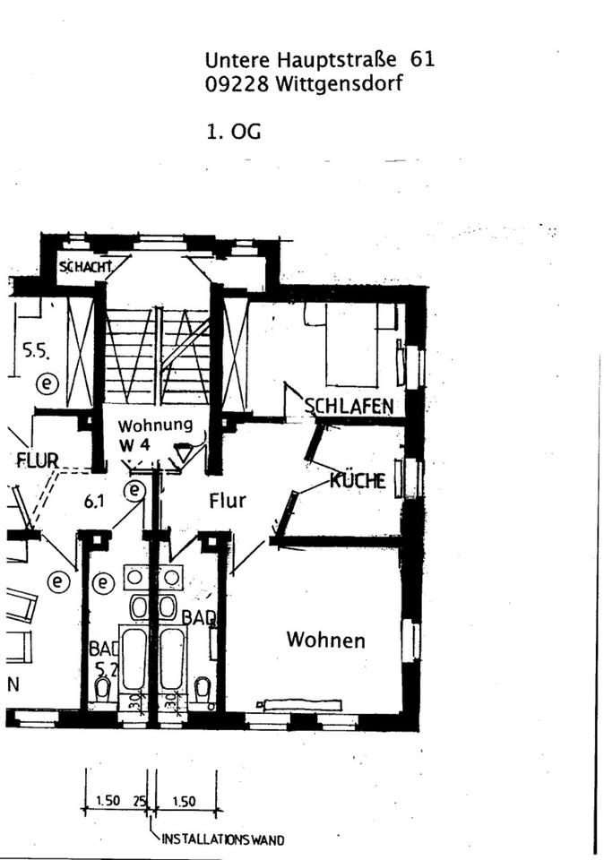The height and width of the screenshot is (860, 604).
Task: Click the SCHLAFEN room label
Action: point(349,407)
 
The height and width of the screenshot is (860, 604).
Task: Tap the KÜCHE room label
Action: point(358,480)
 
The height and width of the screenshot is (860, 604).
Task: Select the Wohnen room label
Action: point(325,640)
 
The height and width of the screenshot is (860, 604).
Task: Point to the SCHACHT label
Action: point(86,266)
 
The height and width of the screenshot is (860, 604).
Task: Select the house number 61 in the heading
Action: point(422,60)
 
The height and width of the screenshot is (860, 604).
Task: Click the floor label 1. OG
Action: point(233,131)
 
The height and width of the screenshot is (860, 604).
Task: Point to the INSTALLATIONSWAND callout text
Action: point(223,839)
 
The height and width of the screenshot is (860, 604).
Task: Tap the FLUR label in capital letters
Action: point(38,460)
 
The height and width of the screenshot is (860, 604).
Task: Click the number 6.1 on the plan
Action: point(95,503)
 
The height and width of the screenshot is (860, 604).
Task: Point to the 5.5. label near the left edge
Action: point(36,351)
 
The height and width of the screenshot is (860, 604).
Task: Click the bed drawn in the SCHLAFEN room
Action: point(351,345)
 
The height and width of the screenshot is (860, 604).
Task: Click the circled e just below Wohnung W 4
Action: point(134,490)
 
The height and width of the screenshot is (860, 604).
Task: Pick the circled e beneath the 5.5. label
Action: point(46,384)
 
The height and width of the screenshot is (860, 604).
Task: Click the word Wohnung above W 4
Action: point(155,425)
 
